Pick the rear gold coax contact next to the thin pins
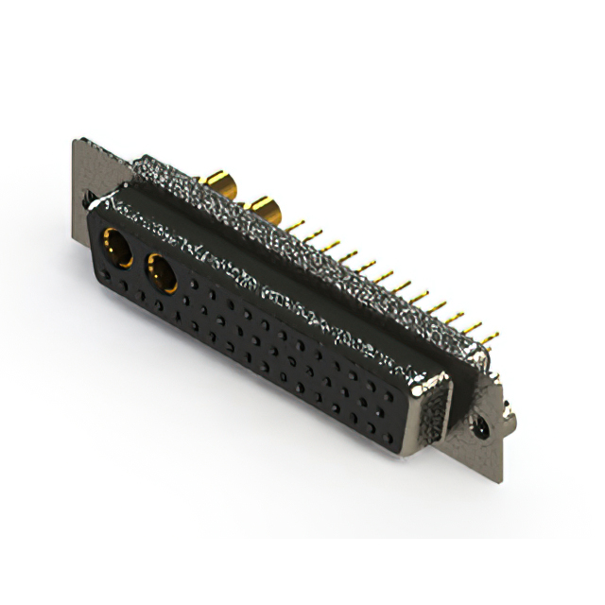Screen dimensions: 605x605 [263, 208]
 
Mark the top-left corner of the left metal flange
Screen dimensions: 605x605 [76, 142]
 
